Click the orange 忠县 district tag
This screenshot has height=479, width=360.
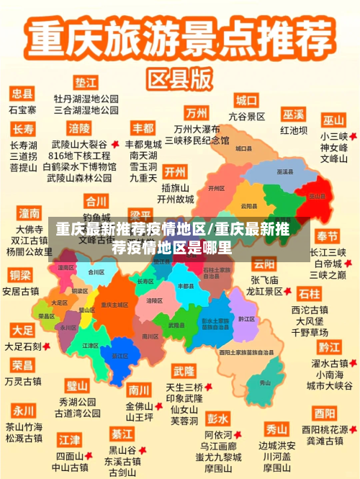coord(22,94)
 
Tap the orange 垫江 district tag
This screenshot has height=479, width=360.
coord(86,82)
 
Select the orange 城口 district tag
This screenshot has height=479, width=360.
coord(247,100)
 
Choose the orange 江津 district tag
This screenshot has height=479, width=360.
coord(70,439)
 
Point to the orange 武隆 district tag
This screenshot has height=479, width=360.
coord(184,371)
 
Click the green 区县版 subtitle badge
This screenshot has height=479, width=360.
coord(179,76)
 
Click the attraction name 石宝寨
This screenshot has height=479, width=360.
coord(22,110)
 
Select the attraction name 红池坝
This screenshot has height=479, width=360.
coord(294,130)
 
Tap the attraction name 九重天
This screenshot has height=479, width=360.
coord(143,177)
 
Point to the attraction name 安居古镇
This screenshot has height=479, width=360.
coord(21,292)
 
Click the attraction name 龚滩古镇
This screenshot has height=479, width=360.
coord(324,440)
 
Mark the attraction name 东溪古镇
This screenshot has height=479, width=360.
coord(122,462)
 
